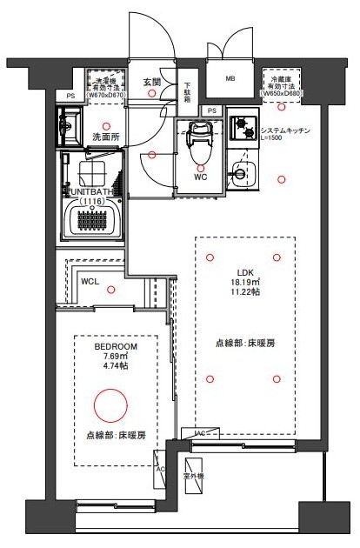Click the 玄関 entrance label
153,82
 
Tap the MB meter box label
230,78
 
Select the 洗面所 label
105,137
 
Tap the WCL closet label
90,283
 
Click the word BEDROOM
116,346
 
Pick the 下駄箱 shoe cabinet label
187,92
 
